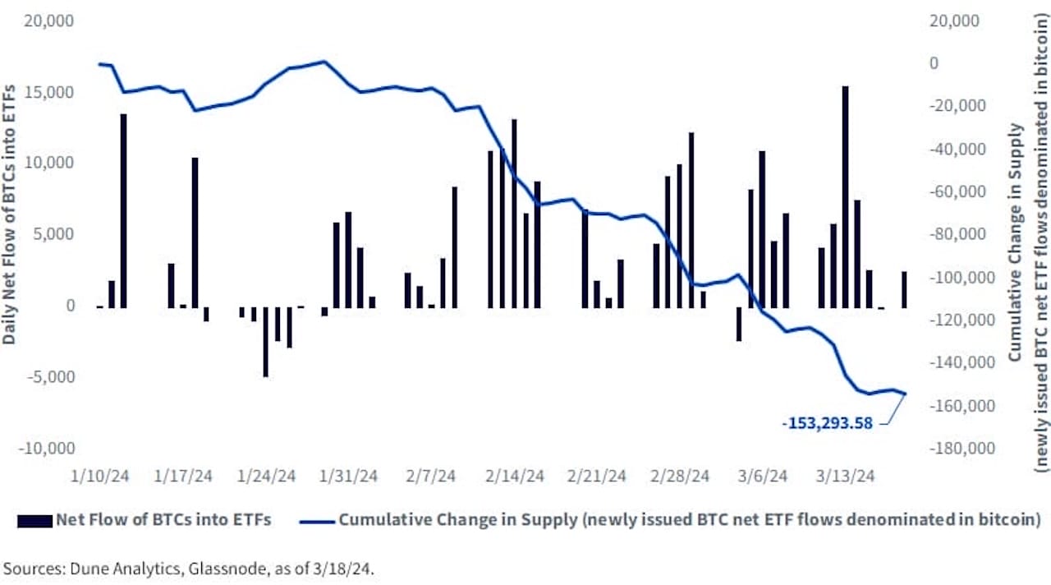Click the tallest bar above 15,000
tap(845, 197)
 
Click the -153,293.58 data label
tap(827, 424)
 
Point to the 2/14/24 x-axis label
tap(514, 476)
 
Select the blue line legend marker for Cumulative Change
tap(318, 520)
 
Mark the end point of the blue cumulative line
tap(905, 394)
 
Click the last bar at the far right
tap(904, 290)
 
